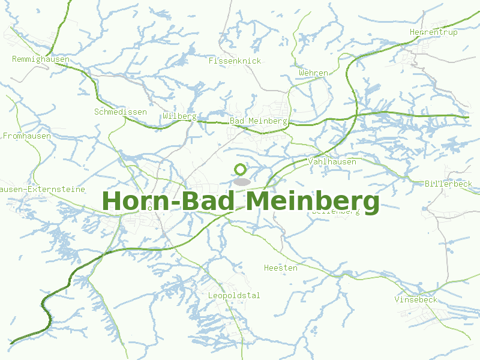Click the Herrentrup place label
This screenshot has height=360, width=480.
433,32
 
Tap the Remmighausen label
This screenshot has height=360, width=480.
41,59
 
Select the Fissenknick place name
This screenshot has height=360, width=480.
235,61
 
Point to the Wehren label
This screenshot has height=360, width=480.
313,73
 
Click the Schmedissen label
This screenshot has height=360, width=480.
120,112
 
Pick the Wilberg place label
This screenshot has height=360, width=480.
179,116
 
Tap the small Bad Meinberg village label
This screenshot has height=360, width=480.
259,121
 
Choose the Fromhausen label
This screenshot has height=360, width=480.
27,136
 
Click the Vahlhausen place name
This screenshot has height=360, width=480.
332,162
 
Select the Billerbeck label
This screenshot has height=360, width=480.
448,184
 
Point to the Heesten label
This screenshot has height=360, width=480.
280,268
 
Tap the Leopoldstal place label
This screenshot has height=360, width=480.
234,296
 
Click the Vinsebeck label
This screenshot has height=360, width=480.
416,299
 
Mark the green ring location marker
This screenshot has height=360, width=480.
241,170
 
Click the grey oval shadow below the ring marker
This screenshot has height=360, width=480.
241,181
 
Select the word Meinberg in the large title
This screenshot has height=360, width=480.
312,201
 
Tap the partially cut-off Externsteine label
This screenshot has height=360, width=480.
42,189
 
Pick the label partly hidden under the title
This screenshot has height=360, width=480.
336,212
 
